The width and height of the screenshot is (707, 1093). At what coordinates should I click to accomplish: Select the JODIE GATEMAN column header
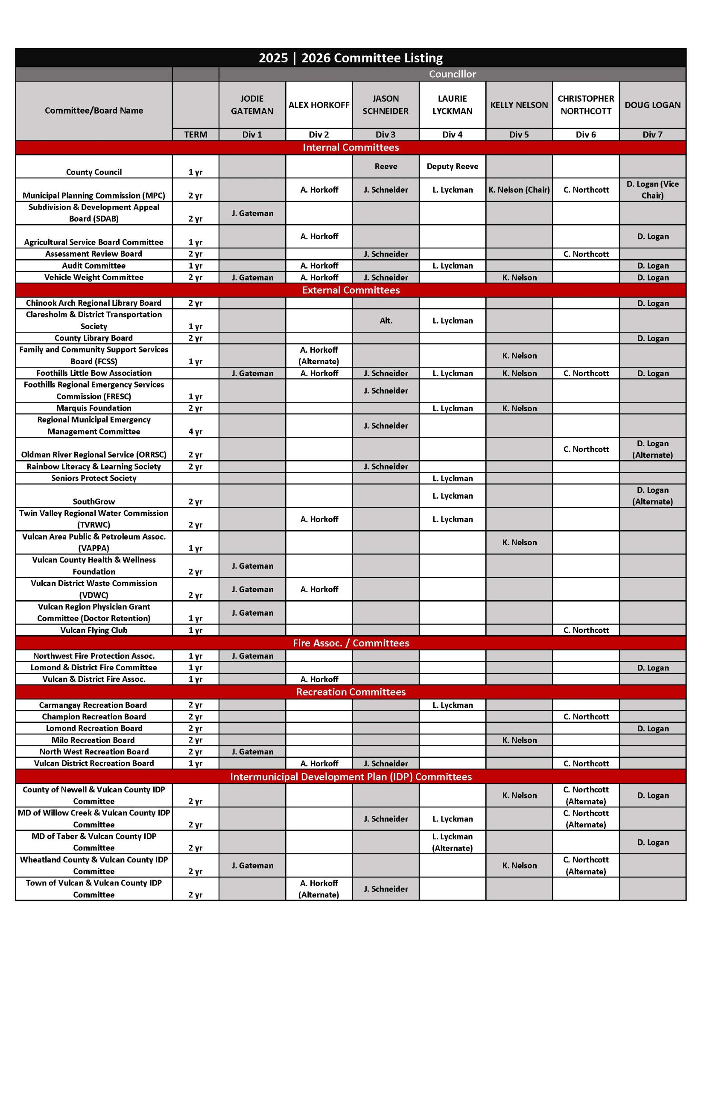click(x=252, y=105)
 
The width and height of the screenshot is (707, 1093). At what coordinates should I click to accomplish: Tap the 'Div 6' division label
click(x=585, y=134)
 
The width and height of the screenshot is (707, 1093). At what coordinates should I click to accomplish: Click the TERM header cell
click(x=196, y=134)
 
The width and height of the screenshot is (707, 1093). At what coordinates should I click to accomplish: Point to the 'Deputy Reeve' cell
click(x=452, y=166)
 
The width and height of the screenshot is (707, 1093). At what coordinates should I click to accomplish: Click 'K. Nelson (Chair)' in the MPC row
click(x=519, y=190)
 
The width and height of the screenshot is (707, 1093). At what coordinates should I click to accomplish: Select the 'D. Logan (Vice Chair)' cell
click(x=652, y=190)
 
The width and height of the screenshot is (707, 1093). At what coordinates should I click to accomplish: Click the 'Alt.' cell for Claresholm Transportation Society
click(x=386, y=320)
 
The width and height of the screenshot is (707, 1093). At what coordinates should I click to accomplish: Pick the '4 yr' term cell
click(x=196, y=431)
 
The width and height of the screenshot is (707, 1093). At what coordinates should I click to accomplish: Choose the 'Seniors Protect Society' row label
click(x=93, y=478)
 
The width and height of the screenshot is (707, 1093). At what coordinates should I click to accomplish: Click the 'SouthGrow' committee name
click(x=93, y=501)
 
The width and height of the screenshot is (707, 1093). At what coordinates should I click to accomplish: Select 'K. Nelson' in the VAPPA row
click(x=519, y=542)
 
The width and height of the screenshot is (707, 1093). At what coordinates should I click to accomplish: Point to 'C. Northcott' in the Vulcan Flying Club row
click(x=586, y=630)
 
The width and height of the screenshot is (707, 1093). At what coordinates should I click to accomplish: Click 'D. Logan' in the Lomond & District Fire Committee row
click(x=652, y=667)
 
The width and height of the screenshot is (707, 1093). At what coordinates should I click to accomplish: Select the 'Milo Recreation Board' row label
click(x=93, y=739)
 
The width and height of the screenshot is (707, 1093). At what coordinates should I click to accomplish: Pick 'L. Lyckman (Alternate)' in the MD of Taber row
click(x=452, y=842)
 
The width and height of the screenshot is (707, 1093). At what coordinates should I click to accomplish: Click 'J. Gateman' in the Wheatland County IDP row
click(x=252, y=865)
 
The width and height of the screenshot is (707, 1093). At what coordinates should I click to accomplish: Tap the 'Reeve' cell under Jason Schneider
click(x=386, y=166)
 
